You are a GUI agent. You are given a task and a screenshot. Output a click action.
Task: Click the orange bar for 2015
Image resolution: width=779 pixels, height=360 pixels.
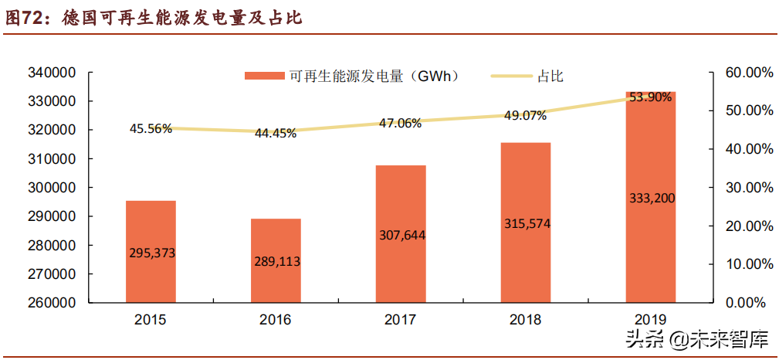(151, 251)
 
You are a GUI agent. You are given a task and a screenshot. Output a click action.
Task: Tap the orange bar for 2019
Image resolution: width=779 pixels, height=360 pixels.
(650, 197)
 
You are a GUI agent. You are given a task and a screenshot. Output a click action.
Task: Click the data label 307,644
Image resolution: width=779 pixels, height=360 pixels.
(401, 235)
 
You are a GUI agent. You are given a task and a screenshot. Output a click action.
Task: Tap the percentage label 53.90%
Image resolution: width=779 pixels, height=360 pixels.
(650, 97)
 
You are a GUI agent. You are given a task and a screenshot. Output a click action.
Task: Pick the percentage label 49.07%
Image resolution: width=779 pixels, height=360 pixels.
(525, 116)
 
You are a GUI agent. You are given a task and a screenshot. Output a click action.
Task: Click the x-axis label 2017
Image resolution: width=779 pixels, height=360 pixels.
(400, 319)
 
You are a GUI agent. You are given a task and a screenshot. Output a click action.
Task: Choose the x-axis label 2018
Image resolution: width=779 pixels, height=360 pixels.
(525, 319)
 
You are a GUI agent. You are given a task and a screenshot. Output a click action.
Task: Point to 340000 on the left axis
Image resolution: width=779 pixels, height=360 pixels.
(51, 73)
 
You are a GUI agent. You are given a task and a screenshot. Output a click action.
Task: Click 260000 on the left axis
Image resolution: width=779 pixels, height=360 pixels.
(51, 303)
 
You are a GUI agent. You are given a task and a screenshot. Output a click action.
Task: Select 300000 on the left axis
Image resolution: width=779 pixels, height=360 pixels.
(51, 188)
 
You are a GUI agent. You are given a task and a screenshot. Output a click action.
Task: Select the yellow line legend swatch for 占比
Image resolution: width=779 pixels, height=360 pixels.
(512, 76)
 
